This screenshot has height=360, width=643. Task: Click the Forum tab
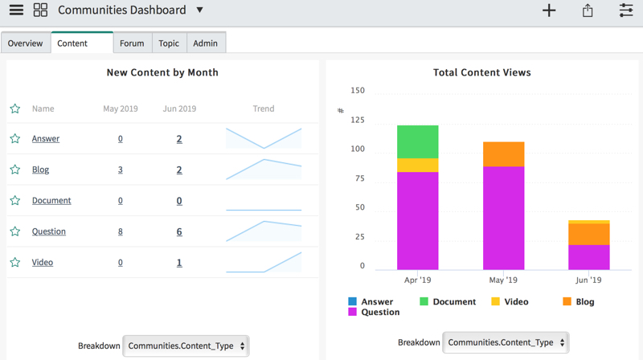pos(132,43)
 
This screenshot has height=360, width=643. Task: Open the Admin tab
pos(206,43)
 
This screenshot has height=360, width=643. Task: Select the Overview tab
pos(26,43)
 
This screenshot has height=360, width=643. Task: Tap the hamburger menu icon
pos(16,10)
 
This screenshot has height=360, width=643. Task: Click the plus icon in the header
pos(549,10)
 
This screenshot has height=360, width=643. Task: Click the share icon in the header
pos(588,10)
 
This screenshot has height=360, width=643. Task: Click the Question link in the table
pos(49,231)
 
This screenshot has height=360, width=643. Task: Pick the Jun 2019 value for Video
pos(179,263)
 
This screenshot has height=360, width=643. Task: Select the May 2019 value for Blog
pos(120,170)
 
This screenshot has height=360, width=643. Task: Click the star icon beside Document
pos(15,200)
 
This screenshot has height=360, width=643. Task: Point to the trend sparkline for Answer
pos(264,138)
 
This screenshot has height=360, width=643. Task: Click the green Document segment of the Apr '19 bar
pos(417,142)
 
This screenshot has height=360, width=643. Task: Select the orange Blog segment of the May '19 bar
pos(504,154)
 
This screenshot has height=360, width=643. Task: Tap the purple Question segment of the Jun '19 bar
pos(589,257)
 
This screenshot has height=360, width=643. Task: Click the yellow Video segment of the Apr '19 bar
pos(417,166)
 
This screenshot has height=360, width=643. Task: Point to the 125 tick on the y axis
pos(358,120)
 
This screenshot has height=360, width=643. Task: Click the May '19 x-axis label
pos(503,280)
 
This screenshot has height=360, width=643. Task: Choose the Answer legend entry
pos(371,302)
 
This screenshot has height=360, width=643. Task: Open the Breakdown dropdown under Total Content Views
pos(506,342)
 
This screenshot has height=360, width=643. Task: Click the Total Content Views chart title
pos(481,72)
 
